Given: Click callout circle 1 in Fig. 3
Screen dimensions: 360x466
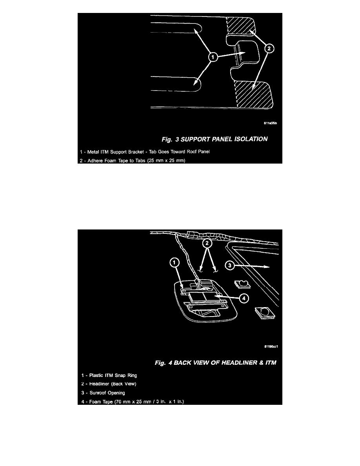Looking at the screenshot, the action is pyautogui.click(x=213, y=57).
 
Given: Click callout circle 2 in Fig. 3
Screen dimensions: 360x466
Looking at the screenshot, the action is pyautogui.click(x=269, y=48).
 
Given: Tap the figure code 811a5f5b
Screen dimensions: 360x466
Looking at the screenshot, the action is pyautogui.click(x=270, y=123).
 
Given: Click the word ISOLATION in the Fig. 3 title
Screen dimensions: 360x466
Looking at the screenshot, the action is pyautogui.click(x=251, y=139).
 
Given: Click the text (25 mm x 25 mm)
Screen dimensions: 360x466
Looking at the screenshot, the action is pyautogui.click(x=166, y=160).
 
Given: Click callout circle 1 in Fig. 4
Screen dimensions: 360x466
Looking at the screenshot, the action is pyautogui.click(x=175, y=262).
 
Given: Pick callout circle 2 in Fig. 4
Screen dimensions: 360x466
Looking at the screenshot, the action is pyautogui.click(x=207, y=244).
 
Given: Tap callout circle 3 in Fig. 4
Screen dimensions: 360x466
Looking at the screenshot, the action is pyautogui.click(x=229, y=265).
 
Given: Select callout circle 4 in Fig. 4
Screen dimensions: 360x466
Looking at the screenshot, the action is pyautogui.click(x=244, y=298).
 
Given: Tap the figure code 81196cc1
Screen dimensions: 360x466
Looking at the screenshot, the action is pyautogui.click(x=271, y=346).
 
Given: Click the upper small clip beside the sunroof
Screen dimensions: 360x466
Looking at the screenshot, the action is pyautogui.click(x=242, y=284).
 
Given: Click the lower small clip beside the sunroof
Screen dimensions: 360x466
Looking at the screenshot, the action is pyautogui.click(x=264, y=313).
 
